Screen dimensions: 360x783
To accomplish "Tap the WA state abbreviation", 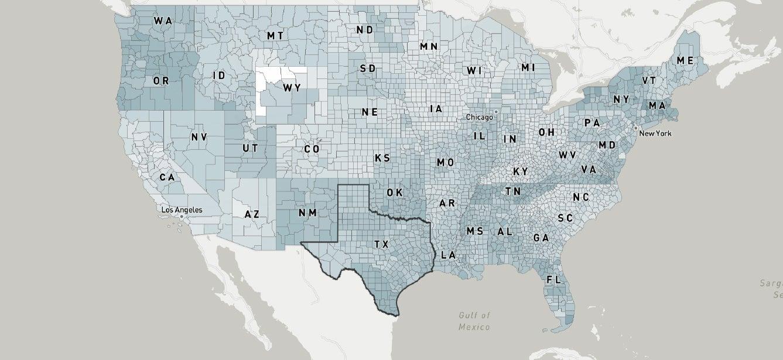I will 163,20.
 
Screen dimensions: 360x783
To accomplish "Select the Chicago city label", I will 479,117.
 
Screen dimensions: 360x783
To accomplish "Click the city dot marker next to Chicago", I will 496,111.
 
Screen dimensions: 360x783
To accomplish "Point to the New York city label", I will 655,133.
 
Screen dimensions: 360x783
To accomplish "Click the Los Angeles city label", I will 182,210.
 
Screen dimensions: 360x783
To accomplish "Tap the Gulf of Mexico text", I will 474,321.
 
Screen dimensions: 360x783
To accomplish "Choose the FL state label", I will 553,280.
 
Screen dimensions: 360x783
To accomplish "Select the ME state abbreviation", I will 685,60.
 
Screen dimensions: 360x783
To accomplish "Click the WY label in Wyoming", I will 292,88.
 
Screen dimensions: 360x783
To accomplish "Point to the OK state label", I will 395,193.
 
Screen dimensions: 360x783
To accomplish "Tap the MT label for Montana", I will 275,36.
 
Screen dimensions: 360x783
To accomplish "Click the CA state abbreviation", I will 167,177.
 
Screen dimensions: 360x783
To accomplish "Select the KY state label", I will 520,172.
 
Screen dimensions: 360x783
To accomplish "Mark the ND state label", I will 364,30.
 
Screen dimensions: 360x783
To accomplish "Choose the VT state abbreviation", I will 648,81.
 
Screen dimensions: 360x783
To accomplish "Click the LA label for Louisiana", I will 448,255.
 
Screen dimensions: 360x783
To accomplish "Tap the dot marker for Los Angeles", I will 182,217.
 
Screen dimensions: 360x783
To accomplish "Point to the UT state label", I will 249,149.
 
